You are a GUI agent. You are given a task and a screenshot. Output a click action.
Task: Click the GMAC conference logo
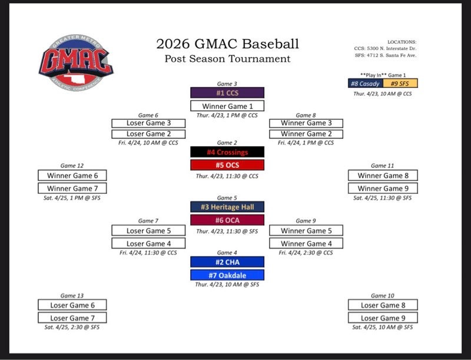76,62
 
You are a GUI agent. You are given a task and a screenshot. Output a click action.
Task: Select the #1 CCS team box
227,93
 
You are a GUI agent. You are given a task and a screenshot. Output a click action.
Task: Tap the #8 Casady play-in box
366,84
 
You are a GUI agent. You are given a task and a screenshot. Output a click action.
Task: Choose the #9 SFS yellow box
400,84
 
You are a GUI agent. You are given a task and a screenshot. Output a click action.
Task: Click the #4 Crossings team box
227,152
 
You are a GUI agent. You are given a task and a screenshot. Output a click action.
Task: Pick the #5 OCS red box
227,165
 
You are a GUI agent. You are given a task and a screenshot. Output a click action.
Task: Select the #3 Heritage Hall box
227,207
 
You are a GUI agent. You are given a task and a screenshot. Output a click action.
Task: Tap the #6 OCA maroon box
227,220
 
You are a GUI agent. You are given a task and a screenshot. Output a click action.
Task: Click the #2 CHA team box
227,262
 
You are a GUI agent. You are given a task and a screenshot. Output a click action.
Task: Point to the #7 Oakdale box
227,275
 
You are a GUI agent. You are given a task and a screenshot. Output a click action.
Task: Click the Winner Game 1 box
227,106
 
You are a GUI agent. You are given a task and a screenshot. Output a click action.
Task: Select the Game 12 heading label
72,166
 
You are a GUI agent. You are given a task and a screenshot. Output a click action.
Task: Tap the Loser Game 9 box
383,318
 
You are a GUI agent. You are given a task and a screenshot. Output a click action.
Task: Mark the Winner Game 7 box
72,189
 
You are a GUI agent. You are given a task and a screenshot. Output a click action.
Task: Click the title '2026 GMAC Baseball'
227,44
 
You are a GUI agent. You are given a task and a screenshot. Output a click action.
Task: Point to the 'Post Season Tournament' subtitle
227,58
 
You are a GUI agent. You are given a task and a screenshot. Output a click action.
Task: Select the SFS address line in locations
386,55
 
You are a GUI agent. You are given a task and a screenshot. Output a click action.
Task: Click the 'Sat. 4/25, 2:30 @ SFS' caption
72,327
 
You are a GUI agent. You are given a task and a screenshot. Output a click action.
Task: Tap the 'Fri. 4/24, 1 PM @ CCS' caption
306,143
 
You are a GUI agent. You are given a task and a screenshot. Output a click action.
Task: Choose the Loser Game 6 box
72,305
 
